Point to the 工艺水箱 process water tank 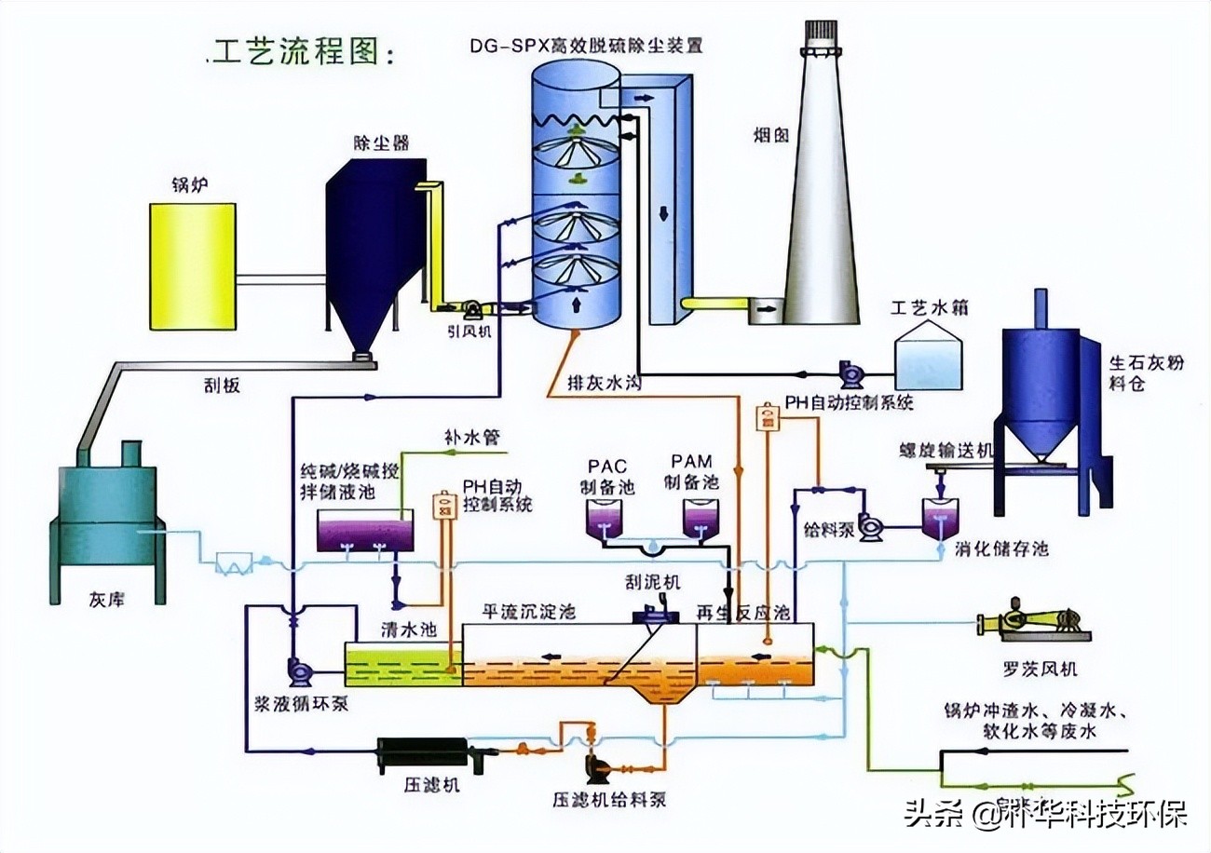[927, 360]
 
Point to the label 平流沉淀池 [527, 612]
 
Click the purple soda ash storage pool [364, 534]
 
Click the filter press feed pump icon [596, 766]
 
